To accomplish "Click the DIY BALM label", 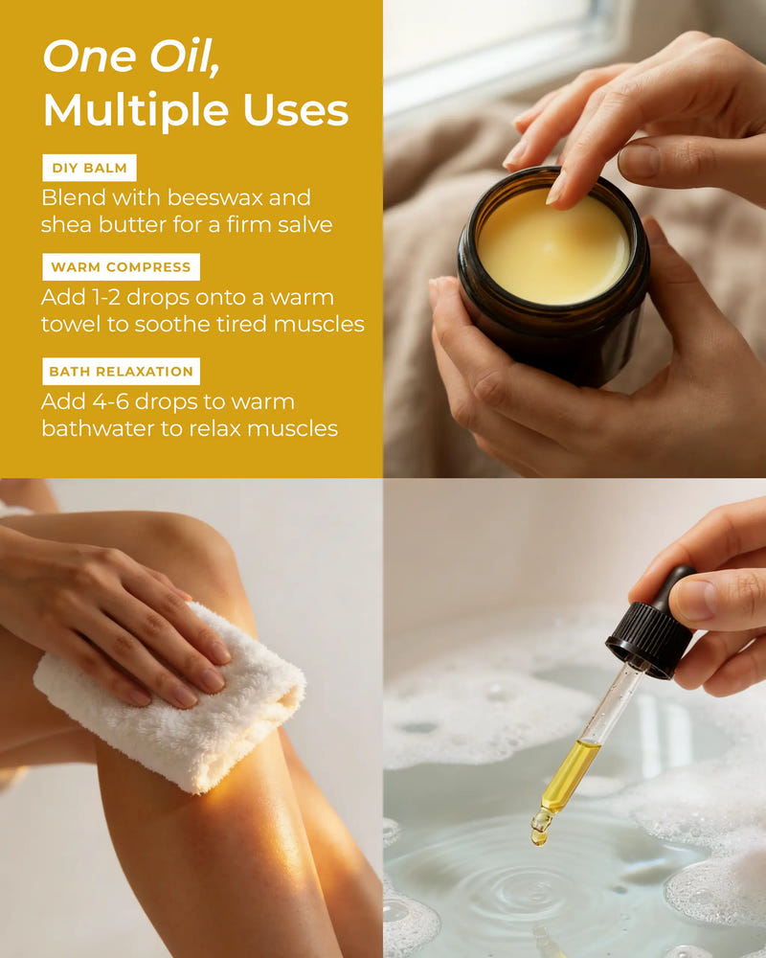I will [x=89, y=169].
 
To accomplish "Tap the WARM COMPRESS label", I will [x=120, y=267].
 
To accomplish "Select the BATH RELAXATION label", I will [x=120, y=372].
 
